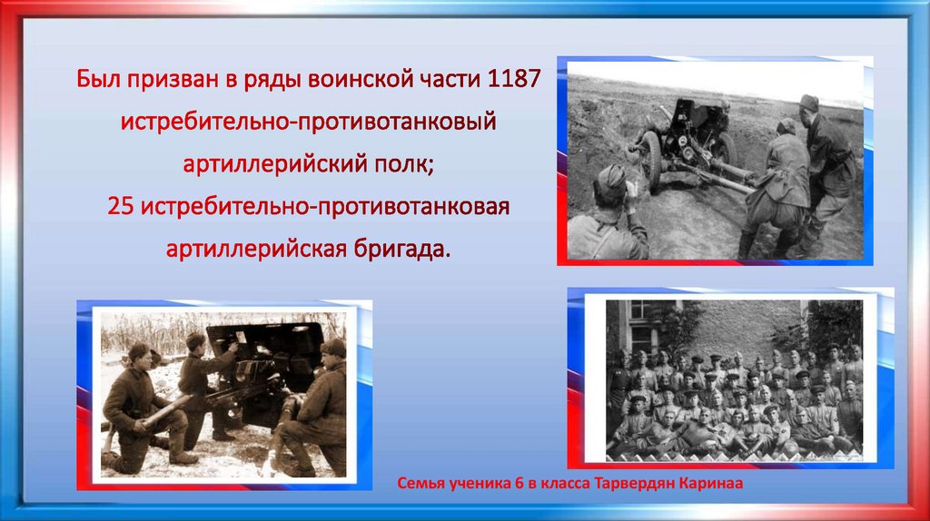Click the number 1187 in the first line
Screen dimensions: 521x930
[514, 80]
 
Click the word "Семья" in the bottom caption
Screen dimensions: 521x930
[422, 484]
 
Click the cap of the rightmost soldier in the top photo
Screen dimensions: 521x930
[808, 102]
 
